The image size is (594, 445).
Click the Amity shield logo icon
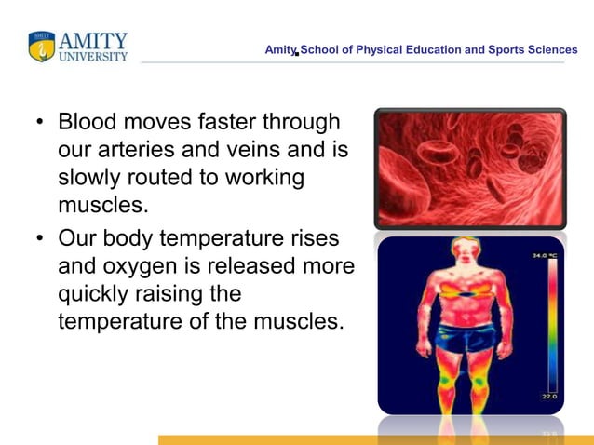[x=42, y=47]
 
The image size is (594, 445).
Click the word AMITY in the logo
[x=93, y=41]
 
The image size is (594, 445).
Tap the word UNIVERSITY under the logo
[x=93, y=57]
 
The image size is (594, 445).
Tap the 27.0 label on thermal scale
[x=550, y=398]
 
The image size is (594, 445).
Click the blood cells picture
[x=470, y=169]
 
